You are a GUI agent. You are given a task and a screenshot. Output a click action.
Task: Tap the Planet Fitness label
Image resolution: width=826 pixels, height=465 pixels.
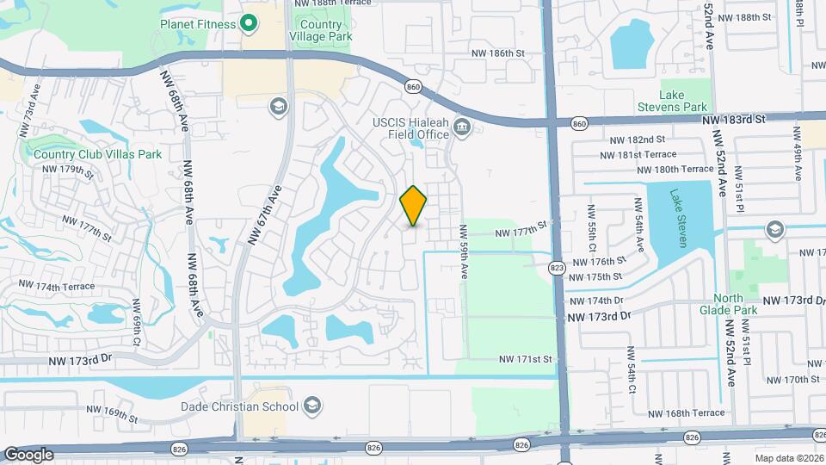tap(197, 24)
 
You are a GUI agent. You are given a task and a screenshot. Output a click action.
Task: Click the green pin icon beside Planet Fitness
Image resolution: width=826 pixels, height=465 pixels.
tap(250, 23)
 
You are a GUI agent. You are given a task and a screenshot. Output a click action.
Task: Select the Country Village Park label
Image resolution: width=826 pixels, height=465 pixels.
tap(321, 31)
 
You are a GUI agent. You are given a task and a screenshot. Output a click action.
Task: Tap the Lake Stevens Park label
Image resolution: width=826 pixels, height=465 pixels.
tap(682, 101)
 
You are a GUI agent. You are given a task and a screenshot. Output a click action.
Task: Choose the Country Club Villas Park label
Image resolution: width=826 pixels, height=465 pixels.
tap(98, 155)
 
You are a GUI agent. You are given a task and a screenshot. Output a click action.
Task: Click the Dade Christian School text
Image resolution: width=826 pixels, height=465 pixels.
tap(239, 406)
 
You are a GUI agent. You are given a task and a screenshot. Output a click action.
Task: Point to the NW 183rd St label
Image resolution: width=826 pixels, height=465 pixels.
tap(733, 121)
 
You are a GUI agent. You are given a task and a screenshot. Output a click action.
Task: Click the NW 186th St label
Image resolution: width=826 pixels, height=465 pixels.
tap(498, 53)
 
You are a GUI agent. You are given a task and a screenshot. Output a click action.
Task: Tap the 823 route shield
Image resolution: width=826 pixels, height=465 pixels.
tap(557, 269)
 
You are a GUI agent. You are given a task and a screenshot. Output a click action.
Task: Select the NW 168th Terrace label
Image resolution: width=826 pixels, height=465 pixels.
tap(688, 413)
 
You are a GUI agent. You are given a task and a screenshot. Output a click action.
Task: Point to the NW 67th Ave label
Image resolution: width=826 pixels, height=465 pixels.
tap(266, 220)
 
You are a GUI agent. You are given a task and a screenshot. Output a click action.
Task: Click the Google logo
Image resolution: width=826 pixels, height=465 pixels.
tap(28, 454)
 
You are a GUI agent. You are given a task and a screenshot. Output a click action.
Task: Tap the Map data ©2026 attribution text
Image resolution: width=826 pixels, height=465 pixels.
tap(788, 459)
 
